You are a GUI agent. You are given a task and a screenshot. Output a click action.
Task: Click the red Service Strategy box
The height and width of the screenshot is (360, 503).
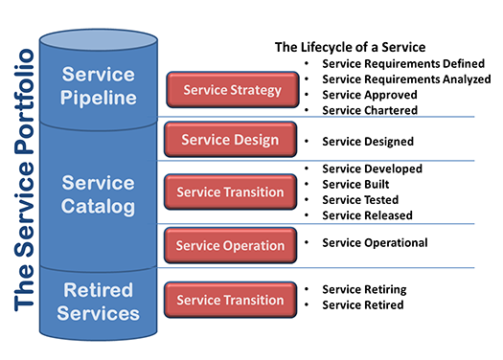[x=230, y=90]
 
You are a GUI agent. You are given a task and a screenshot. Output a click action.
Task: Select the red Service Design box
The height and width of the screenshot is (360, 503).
[x=230, y=140]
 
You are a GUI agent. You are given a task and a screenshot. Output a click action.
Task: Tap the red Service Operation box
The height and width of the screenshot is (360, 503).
[x=230, y=244]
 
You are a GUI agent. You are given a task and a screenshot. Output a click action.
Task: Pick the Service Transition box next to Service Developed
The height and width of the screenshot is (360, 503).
[x=230, y=191]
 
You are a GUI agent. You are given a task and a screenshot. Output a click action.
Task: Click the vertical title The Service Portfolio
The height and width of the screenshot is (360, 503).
[x=26, y=179]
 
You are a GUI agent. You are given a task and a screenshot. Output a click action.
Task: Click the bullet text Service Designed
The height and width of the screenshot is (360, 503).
[x=368, y=142]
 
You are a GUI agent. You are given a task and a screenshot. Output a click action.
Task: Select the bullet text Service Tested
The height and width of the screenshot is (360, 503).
[x=359, y=200]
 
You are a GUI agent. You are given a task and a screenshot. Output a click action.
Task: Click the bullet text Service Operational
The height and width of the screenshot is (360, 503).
[x=375, y=242]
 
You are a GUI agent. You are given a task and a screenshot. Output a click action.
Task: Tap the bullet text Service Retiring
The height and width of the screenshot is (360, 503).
[x=364, y=289]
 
